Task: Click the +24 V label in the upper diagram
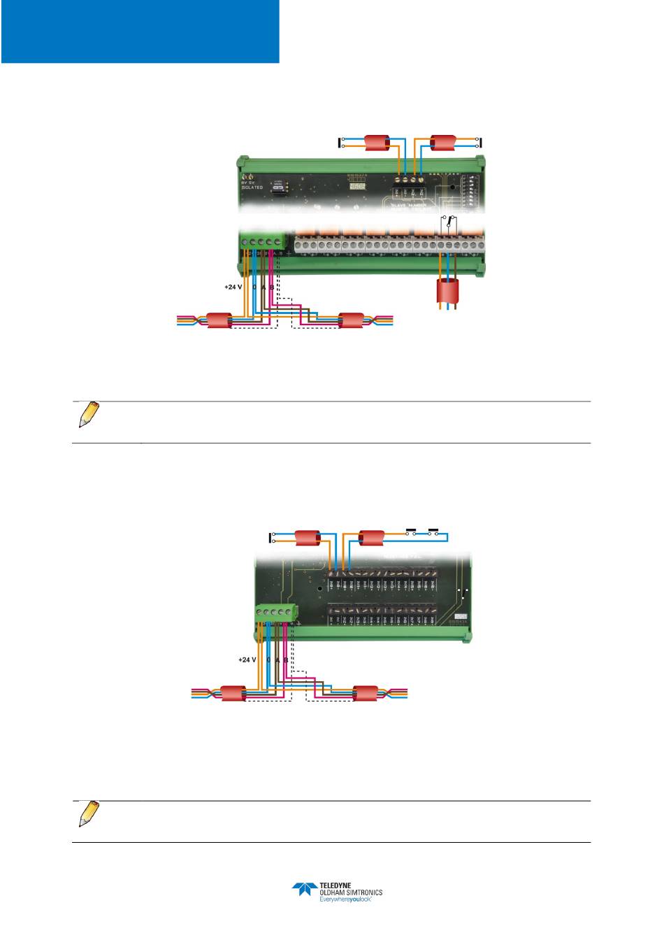click(233, 287)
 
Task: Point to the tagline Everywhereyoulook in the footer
click(345, 901)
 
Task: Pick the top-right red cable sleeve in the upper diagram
click(442, 143)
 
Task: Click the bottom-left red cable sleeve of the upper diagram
click(219, 321)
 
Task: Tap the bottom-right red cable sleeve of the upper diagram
click(351, 321)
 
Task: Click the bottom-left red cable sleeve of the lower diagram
click(233, 694)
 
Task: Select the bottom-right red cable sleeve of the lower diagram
click(366, 694)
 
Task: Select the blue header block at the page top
click(140, 31)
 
